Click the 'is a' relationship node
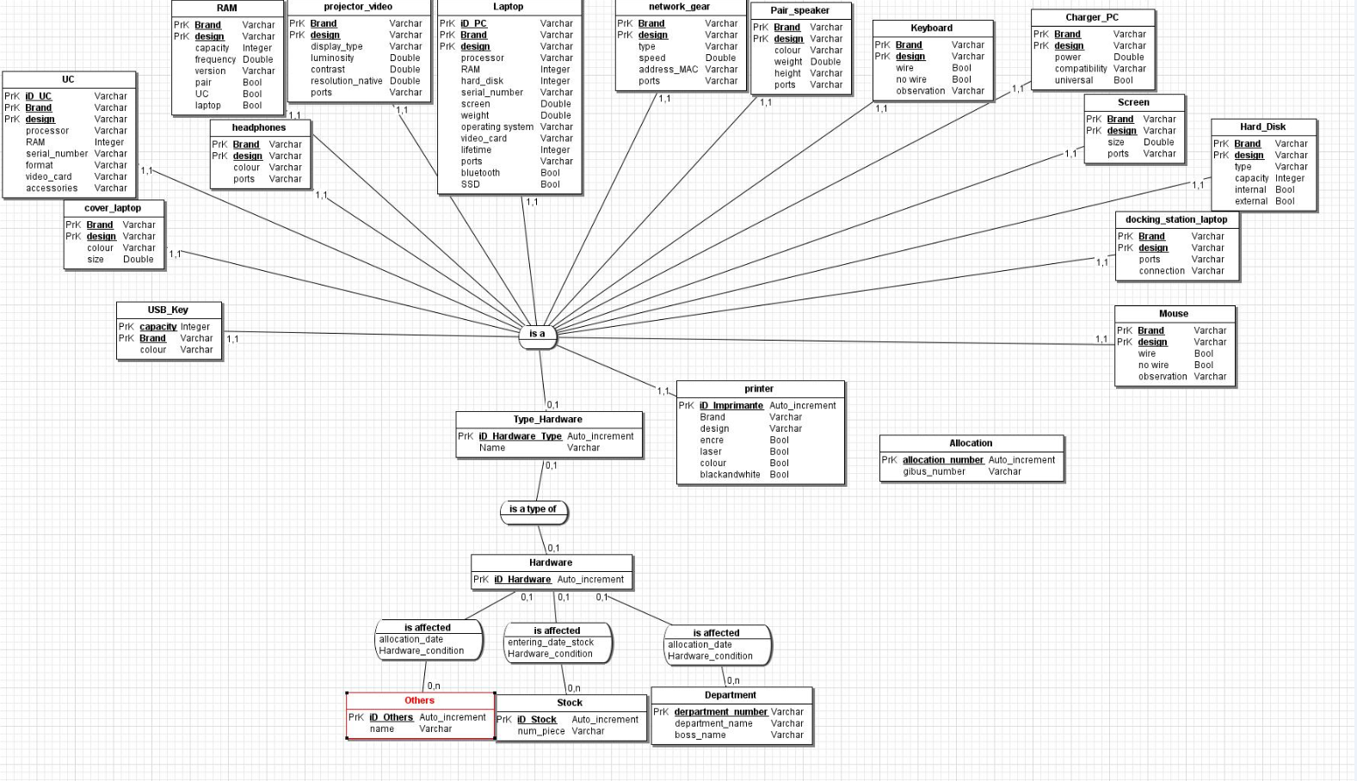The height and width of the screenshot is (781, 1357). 537,336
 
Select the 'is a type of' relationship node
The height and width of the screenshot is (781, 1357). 534,512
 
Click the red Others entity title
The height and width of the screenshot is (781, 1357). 419,700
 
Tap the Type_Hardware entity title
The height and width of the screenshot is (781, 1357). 547,420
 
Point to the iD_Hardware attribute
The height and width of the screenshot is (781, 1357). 522,580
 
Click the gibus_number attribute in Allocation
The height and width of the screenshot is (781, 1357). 934,471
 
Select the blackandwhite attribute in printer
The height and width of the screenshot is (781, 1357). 730,475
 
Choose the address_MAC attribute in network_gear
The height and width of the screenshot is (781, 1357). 669,70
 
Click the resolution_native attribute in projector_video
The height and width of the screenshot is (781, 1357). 347,81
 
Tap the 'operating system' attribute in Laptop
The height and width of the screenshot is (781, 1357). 497,127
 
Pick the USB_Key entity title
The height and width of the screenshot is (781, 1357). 168,310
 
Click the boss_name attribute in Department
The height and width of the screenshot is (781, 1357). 700,735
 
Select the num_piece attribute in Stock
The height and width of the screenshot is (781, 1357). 541,731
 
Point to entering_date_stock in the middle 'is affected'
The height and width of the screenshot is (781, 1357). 551,643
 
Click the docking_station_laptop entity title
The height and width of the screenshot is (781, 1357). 1175,220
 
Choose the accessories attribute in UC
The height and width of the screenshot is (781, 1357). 52,188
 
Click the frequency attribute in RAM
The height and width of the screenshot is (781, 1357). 215,59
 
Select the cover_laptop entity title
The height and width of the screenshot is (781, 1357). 113,208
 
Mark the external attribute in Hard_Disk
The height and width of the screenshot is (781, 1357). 1251,201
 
